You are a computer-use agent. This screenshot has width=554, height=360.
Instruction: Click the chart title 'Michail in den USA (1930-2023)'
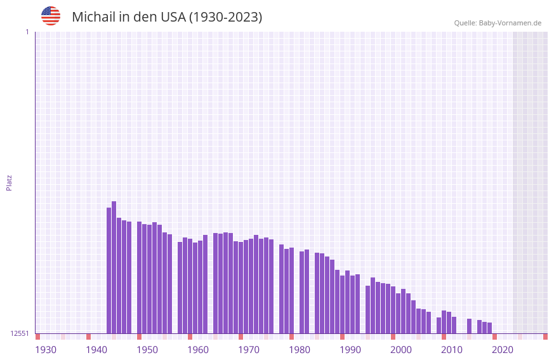[x=167, y=17]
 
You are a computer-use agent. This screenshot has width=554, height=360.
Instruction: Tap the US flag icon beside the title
[x=51, y=16]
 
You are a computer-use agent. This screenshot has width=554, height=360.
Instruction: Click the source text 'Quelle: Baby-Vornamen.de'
[x=498, y=23]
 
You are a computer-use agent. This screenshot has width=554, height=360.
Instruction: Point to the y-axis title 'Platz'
[x=9, y=182]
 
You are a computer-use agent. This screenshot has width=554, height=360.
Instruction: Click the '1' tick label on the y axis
[x=27, y=32]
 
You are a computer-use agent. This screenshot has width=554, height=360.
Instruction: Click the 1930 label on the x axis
[x=46, y=350]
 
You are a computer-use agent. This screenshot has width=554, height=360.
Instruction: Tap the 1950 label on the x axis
[x=147, y=350]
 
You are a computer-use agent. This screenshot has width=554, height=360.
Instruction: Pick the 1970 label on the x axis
[x=249, y=350]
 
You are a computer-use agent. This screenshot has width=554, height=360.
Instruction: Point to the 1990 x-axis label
[x=350, y=350]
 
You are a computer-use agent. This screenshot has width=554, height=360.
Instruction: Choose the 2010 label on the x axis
[x=452, y=350]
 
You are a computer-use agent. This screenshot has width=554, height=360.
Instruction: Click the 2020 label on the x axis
[x=503, y=350]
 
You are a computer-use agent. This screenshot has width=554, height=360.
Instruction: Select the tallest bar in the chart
[x=114, y=267]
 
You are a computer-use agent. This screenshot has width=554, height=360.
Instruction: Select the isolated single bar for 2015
[x=470, y=326]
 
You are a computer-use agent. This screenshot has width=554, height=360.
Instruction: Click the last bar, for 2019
[x=490, y=328]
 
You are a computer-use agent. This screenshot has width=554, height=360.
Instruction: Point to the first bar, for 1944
[x=109, y=270]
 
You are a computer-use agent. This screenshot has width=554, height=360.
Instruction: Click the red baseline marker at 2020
[x=495, y=337]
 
